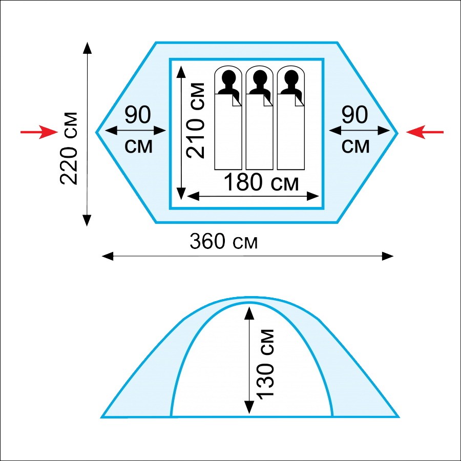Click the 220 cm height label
coord(69,148)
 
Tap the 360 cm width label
coord(223,242)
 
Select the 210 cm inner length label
coord(195,120)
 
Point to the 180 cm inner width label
coord(261,182)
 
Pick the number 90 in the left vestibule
coord(138,115)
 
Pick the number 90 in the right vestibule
coord(354,115)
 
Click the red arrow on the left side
coord(39,132)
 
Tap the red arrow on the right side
coord(425,132)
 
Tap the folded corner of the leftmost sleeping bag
coord(236,100)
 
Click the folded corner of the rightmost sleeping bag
coord(299,100)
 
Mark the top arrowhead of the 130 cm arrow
coord(249,313)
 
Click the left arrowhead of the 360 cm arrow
coord(108,256)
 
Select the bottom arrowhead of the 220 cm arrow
coord(87,220)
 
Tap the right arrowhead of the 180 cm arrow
coord(313,196)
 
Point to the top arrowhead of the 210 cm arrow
coord(181,72)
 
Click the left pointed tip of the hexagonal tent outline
coord(96,132)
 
